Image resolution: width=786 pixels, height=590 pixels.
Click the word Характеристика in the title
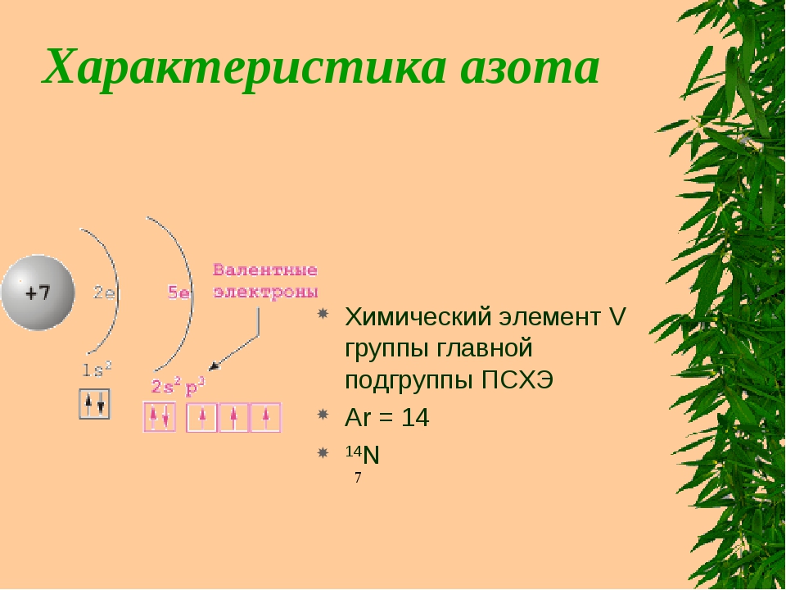pyautogui.click(x=245, y=69)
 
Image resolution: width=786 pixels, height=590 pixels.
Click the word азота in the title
pyautogui.click(x=530, y=69)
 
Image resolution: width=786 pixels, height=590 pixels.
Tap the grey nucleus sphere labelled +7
pyautogui.click(x=38, y=293)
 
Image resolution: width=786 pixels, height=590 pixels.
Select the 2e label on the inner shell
pyautogui.click(x=104, y=293)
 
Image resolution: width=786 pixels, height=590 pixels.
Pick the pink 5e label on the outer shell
pyautogui.click(x=178, y=293)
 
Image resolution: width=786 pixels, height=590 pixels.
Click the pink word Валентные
pyautogui.click(x=265, y=270)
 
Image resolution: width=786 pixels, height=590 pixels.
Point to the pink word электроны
pyautogui.click(x=265, y=292)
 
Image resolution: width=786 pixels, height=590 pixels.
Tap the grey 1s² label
pyautogui.click(x=97, y=370)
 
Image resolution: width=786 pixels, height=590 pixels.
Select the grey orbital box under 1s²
pyautogui.click(x=94, y=404)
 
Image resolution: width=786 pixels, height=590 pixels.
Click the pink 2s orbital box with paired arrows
pyautogui.click(x=160, y=417)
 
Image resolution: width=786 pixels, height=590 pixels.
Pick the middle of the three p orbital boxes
pyautogui.click(x=233, y=417)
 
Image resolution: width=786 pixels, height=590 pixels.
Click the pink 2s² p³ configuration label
pyautogui.click(x=178, y=386)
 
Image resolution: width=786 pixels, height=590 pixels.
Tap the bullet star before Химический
pyautogui.click(x=323, y=314)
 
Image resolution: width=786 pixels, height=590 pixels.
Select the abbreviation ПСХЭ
pyautogui.click(x=517, y=380)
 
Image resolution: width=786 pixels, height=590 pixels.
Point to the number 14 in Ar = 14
pyautogui.click(x=415, y=417)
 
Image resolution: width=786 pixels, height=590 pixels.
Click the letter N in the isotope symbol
pyautogui.click(x=371, y=456)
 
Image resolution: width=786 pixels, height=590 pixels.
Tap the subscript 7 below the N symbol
pyautogui.click(x=358, y=478)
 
